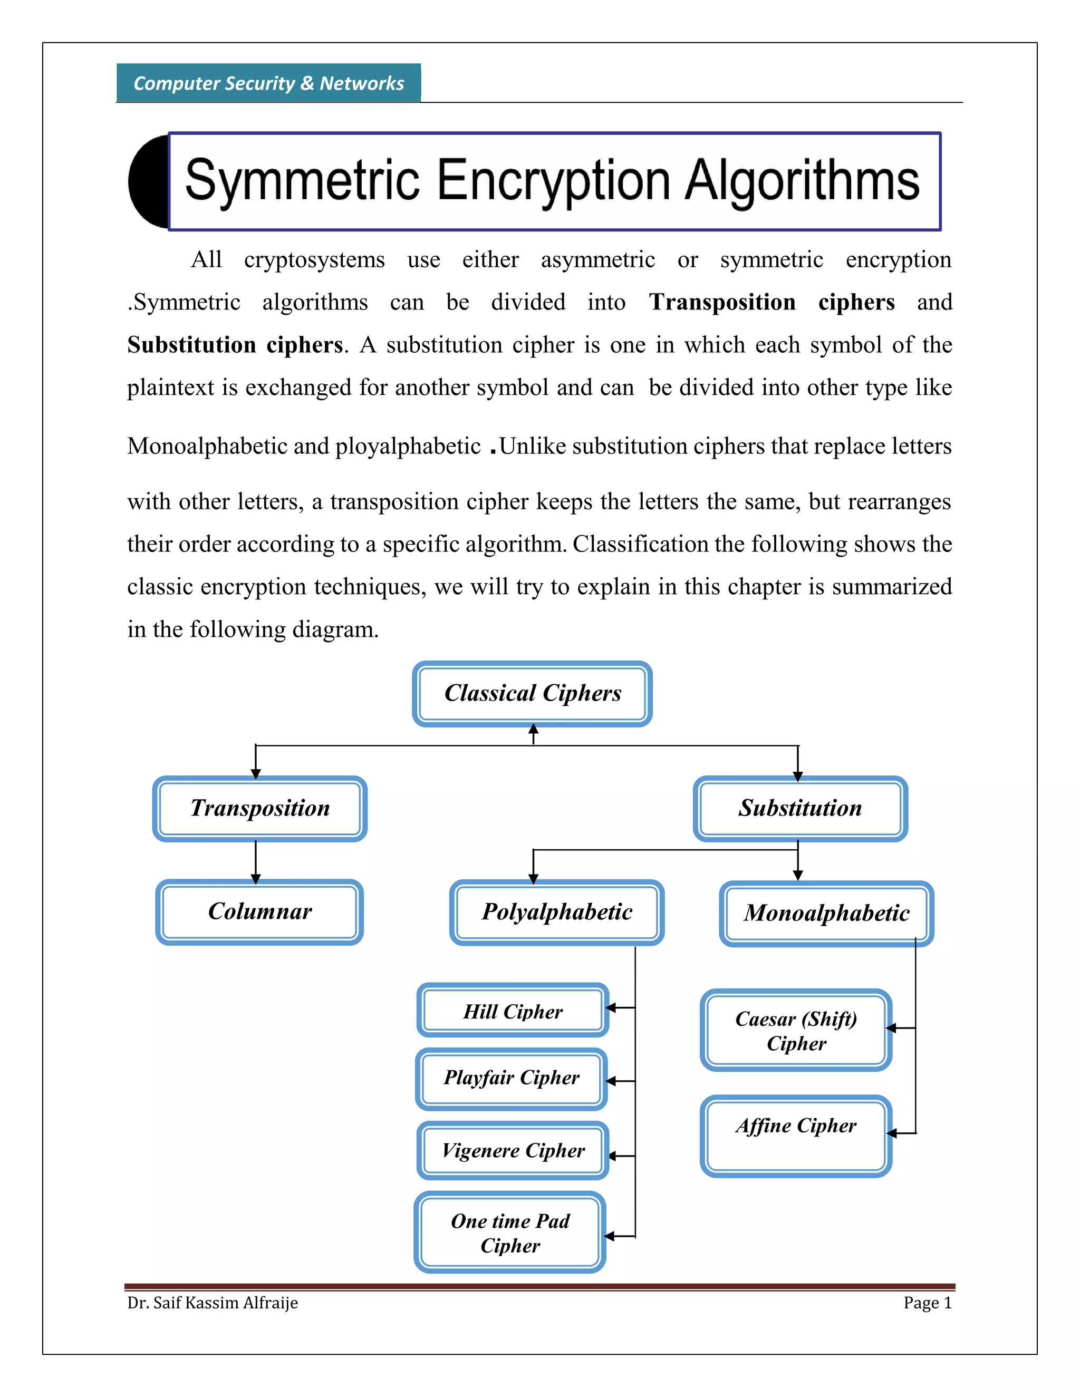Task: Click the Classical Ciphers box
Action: click(x=532, y=693)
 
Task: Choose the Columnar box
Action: click(x=260, y=911)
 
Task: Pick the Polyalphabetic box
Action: click(x=557, y=912)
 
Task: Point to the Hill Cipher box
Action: click(x=513, y=1011)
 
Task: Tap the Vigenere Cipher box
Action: click(x=513, y=1150)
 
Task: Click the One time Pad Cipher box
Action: click(x=510, y=1233)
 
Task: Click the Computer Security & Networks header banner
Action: click(x=269, y=83)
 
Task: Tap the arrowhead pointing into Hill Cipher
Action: click(x=610, y=1008)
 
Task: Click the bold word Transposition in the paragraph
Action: click(x=722, y=302)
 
